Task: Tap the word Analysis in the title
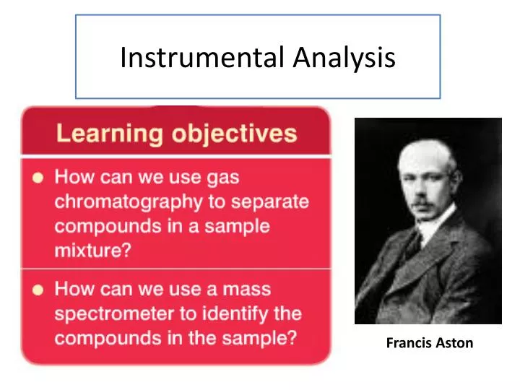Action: (344, 58)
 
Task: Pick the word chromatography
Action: (134, 201)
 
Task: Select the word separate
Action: (270, 201)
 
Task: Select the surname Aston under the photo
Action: (454, 343)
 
